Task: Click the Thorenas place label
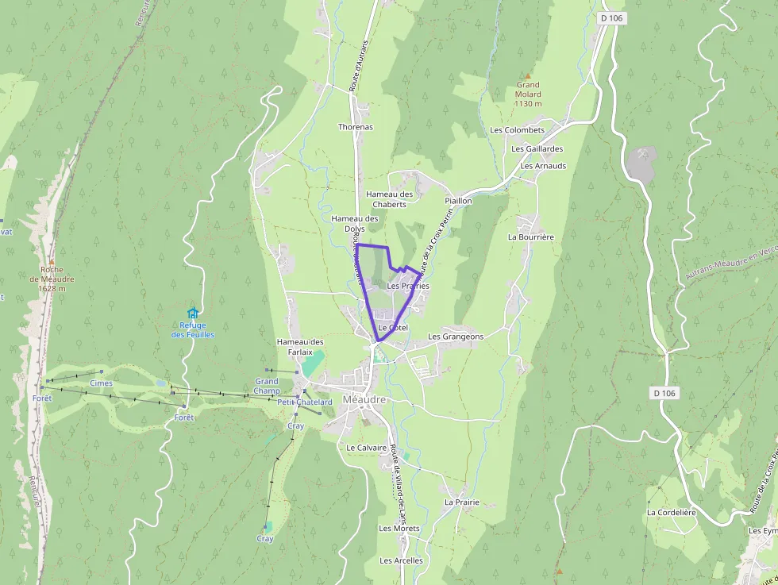coord(355,127)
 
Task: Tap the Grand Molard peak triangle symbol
coord(527,76)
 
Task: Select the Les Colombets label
coord(517,130)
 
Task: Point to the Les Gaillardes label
coord(537,148)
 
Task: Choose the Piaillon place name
coord(458,201)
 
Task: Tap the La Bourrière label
coord(530,237)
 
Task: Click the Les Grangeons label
coord(455,337)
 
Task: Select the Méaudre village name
coord(364,399)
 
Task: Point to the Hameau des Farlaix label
coord(300,347)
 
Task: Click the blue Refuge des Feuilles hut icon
coord(191,313)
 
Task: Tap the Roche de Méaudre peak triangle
coord(52,260)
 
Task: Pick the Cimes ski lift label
coord(101,383)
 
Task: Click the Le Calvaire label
coord(366,448)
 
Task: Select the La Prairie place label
coord(461,502)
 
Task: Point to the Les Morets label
coord(399,529)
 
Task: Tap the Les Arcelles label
coord(401,560)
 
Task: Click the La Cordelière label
coord(671,513)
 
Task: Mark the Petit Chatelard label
coord(305,402)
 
